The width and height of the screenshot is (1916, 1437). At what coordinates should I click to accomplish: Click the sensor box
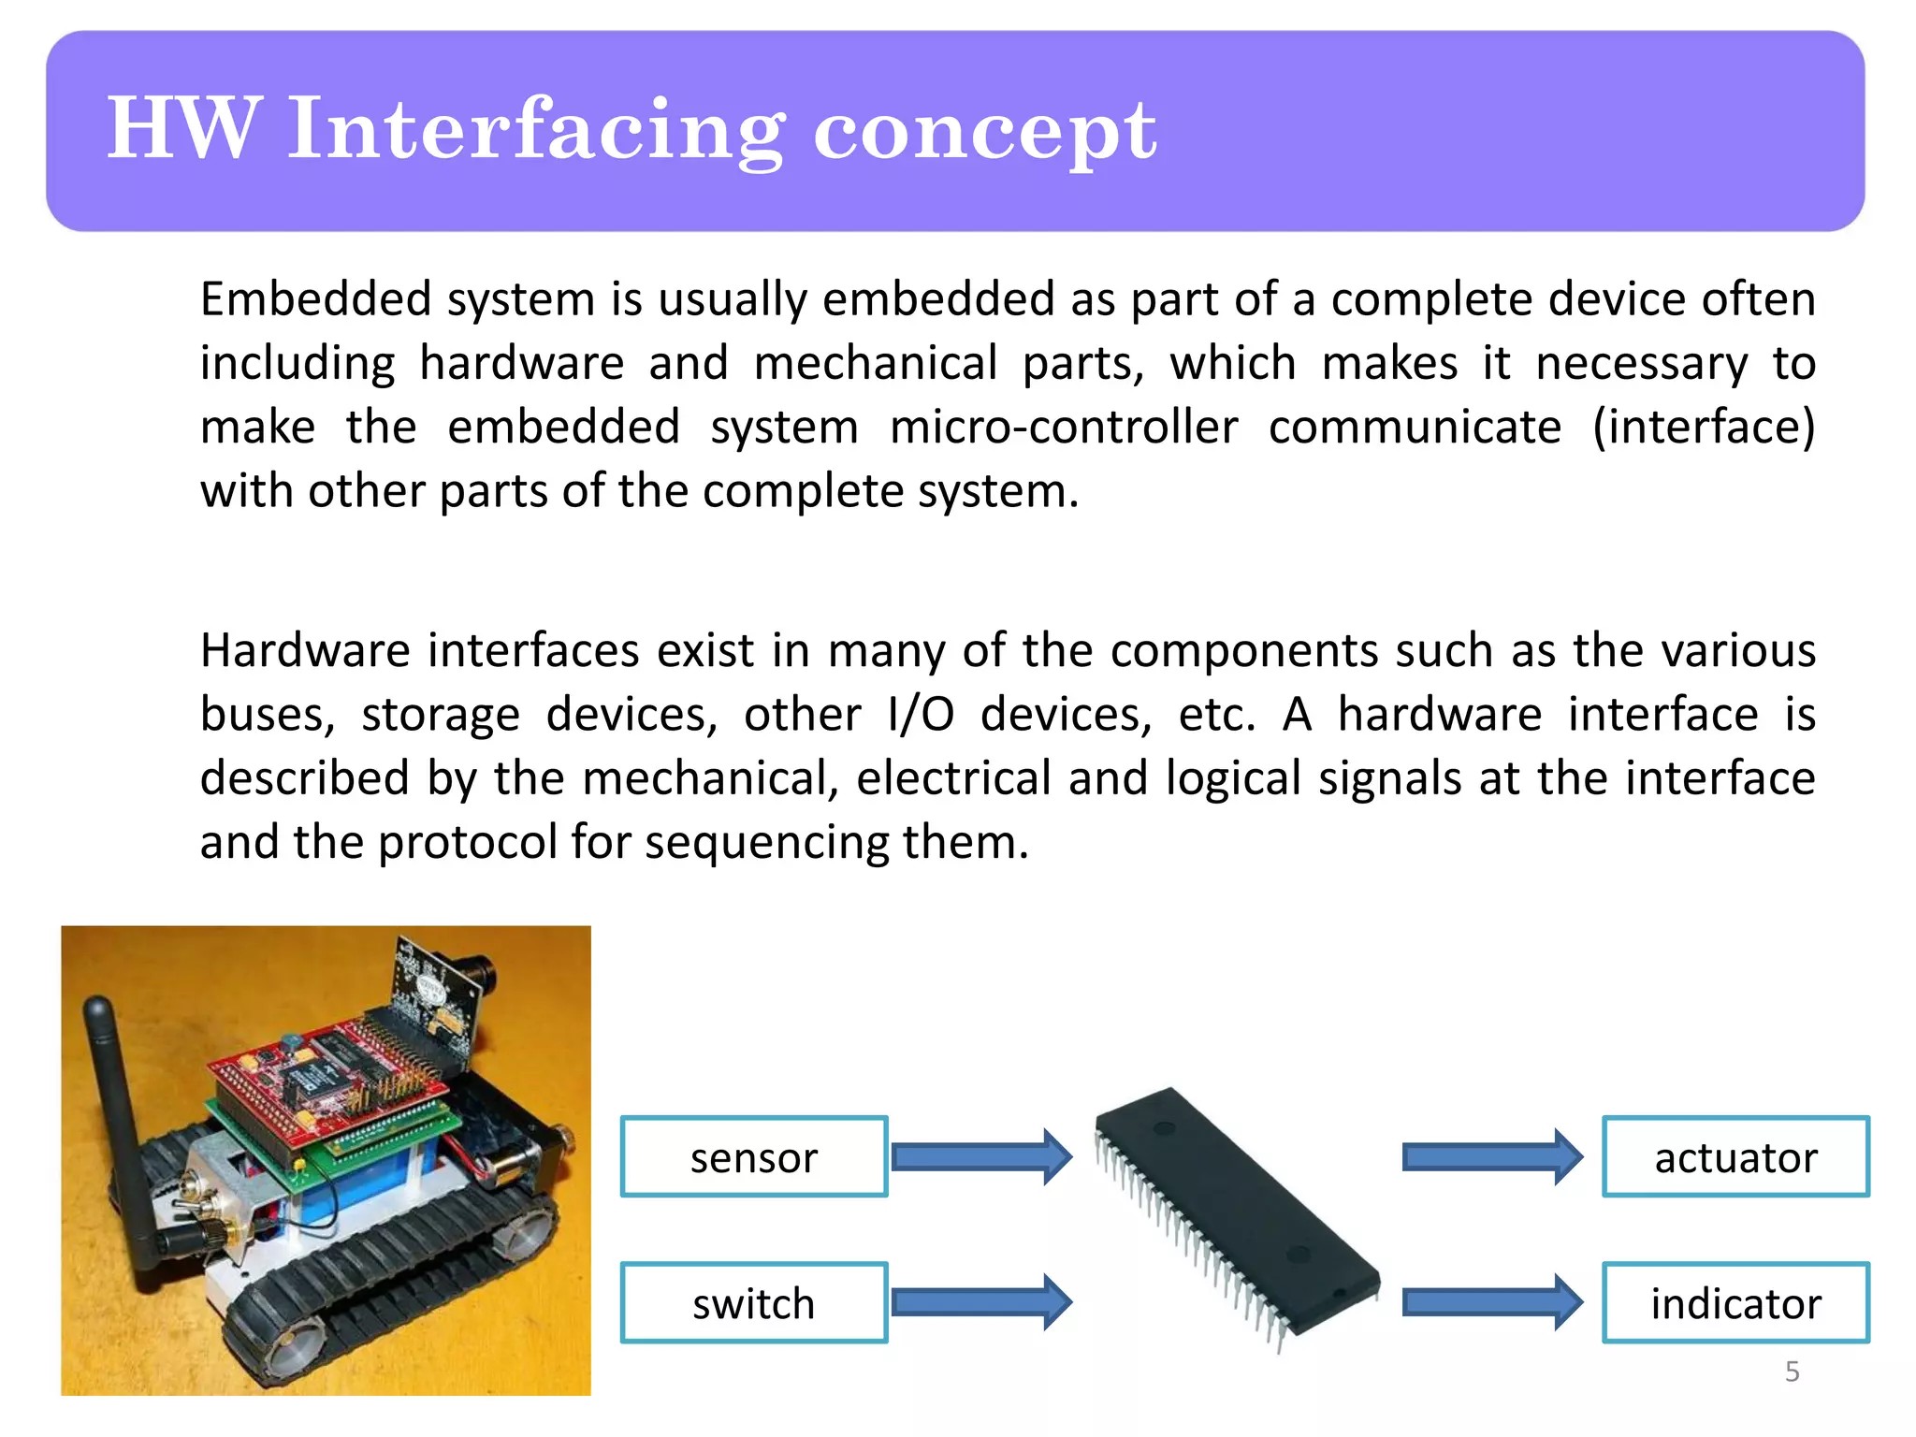(753, 1156)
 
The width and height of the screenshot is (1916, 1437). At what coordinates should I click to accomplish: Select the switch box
(753, 1302)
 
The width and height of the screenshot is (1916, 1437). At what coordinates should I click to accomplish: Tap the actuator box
(1735, 1156)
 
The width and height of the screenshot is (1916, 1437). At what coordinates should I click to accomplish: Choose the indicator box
(1735, 1302)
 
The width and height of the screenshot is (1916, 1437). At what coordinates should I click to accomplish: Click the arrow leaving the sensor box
(980, 1157)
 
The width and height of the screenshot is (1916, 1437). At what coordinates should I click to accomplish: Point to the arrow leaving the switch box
(980, 1302)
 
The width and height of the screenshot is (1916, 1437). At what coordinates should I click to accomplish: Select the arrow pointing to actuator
(1491, 1157)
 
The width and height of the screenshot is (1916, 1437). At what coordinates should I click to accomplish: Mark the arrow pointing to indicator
(1491, 1302)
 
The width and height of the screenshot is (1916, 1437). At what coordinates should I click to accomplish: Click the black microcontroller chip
(1235, 1207)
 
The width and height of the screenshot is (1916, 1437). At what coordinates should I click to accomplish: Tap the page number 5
(1792, 1372)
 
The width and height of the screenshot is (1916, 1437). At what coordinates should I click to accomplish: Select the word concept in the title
(984, 131)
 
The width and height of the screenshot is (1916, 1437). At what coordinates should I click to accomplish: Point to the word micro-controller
(1064, 428)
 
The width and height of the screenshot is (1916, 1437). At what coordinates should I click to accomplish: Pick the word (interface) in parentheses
(1703, 428)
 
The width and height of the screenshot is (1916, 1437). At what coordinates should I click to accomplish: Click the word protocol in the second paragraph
(468, 842)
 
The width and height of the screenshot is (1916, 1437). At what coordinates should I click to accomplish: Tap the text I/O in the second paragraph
(921, 715)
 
